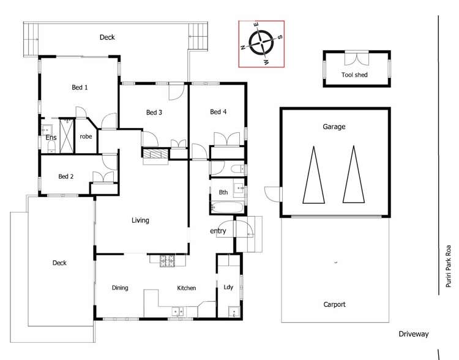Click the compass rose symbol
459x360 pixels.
261,43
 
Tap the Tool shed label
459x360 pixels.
354,75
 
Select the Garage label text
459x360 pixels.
334,127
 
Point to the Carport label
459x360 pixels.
334,304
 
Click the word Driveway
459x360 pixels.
413,334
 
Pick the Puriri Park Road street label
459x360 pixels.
448,266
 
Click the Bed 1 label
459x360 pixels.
80,88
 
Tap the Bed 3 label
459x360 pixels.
154,112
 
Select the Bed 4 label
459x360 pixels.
218,111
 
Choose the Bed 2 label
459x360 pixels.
66,176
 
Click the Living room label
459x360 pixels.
140,220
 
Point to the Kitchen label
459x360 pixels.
187,288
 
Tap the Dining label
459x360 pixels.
120,288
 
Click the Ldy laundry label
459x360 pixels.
228,287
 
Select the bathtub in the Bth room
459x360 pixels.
227,208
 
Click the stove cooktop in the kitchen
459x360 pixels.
167,261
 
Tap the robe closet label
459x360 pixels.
86,137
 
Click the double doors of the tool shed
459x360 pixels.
357,59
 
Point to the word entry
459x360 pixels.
218,231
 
